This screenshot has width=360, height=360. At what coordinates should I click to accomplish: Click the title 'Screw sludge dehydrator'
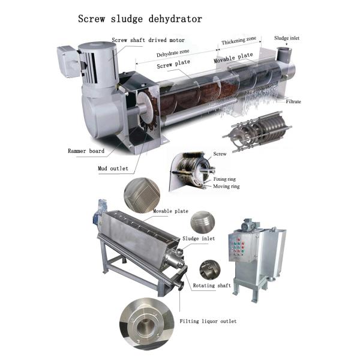click(x=140, y=19)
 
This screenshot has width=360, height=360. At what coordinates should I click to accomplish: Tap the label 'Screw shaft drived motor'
click(x=148, y=40)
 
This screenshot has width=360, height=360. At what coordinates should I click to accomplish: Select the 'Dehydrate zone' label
click(x=173, y=53)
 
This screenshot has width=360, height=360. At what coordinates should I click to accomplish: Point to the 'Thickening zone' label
click(x=239, y=41)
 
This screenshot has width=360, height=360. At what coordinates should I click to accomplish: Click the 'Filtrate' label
click(x=293, y=101)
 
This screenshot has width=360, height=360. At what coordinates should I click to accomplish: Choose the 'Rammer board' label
click(x=86, y=151)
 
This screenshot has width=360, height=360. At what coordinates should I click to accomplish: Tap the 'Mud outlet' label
click(x=113, y=168)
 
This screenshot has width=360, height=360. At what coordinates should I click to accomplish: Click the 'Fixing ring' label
click(x=224, y=179)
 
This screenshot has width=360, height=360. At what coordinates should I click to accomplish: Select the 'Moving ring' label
click(x=226, y=186)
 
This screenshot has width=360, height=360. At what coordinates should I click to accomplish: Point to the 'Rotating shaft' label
click(x=212, y=286)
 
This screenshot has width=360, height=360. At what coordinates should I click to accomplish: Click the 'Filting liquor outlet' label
click(x=208, y=321)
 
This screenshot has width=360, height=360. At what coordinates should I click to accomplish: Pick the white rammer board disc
click(x=146, y=108)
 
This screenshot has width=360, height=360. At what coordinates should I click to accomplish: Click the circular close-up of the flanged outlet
click(x=147, y=324)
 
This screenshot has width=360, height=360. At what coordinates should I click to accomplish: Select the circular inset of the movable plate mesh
click(x=142, y=195)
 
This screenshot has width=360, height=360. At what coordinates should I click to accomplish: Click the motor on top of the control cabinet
click(x=250, y=224)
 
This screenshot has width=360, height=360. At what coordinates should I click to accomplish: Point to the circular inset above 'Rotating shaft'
click(x=210, y=270)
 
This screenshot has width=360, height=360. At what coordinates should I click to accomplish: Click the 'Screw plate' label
click(x=173, y=64)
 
